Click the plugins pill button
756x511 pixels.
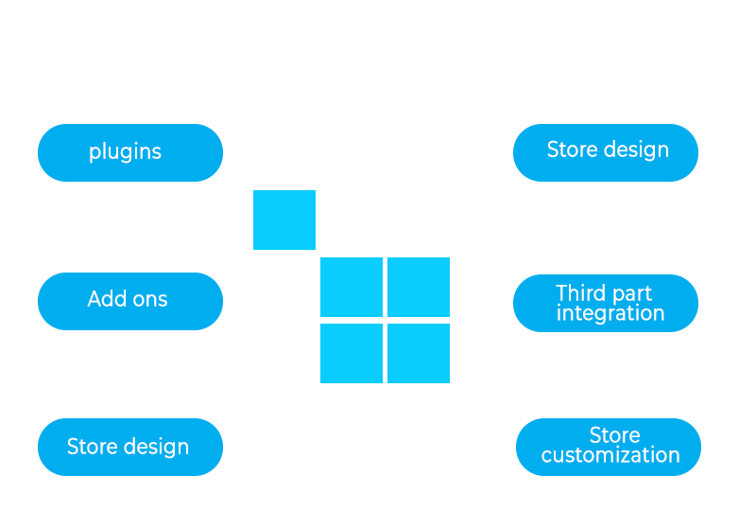tap(130, 152)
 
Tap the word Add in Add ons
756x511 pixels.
tap(106, 299)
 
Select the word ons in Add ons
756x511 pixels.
tap(149, 300)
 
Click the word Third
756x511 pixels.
tap(581, 293)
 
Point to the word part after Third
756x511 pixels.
tap(631, 294)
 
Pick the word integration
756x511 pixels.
tap(610, 313)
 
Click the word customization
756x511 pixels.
tap(610, 455)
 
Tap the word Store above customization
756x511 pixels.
tap(614, 435)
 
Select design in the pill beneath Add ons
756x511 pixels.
tap(155, 447)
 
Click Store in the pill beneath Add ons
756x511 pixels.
tap(92, 447)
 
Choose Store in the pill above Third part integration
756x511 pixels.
tap(572, 150)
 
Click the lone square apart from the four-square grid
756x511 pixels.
tap(284, 220)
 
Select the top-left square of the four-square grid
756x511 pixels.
tap(352, 287)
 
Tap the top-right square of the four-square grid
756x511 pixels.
tap(419, 287)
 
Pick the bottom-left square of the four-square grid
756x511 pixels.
tap(352, 353)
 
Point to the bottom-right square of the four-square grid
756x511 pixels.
tap(419, 353)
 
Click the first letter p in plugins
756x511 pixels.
tap(94, 153)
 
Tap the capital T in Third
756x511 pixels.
tap(562, 293)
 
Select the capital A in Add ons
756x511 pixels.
tap(94, 299)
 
